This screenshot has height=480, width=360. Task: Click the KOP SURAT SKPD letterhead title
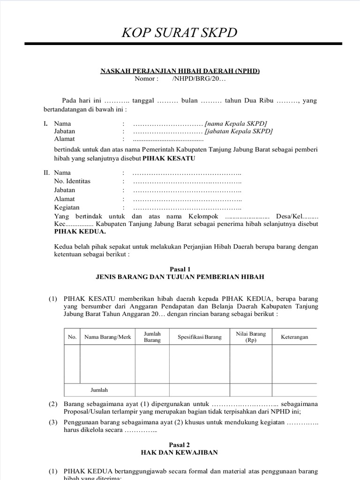tap(180, 32)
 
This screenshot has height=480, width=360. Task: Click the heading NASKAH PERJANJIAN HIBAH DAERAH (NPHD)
tap(180, 71)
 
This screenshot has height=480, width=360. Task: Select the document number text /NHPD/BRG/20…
tap(199, 79)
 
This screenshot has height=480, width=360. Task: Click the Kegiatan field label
tap(67, 207)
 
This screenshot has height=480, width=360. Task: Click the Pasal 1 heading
tap(180, 269)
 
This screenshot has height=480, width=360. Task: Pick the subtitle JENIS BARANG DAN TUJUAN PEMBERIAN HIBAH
tap(180, 277)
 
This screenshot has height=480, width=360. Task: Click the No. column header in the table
tap(72, 337)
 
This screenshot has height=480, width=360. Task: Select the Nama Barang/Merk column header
tap(107, 337)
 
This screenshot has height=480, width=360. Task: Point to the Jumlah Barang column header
tap(152, 337)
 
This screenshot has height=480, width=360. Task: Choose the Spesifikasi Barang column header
tap(199, 337)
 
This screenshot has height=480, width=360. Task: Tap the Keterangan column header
tap(294, 337)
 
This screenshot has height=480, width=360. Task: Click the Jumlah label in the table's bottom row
tap(99, 390)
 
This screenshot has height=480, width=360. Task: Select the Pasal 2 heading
tap(180, 445)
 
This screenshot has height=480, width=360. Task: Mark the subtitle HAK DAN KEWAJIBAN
tap(180, 453)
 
